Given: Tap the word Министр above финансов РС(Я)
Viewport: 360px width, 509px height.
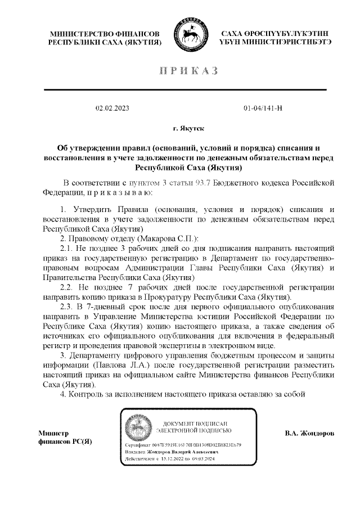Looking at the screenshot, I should tap(53, 434).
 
